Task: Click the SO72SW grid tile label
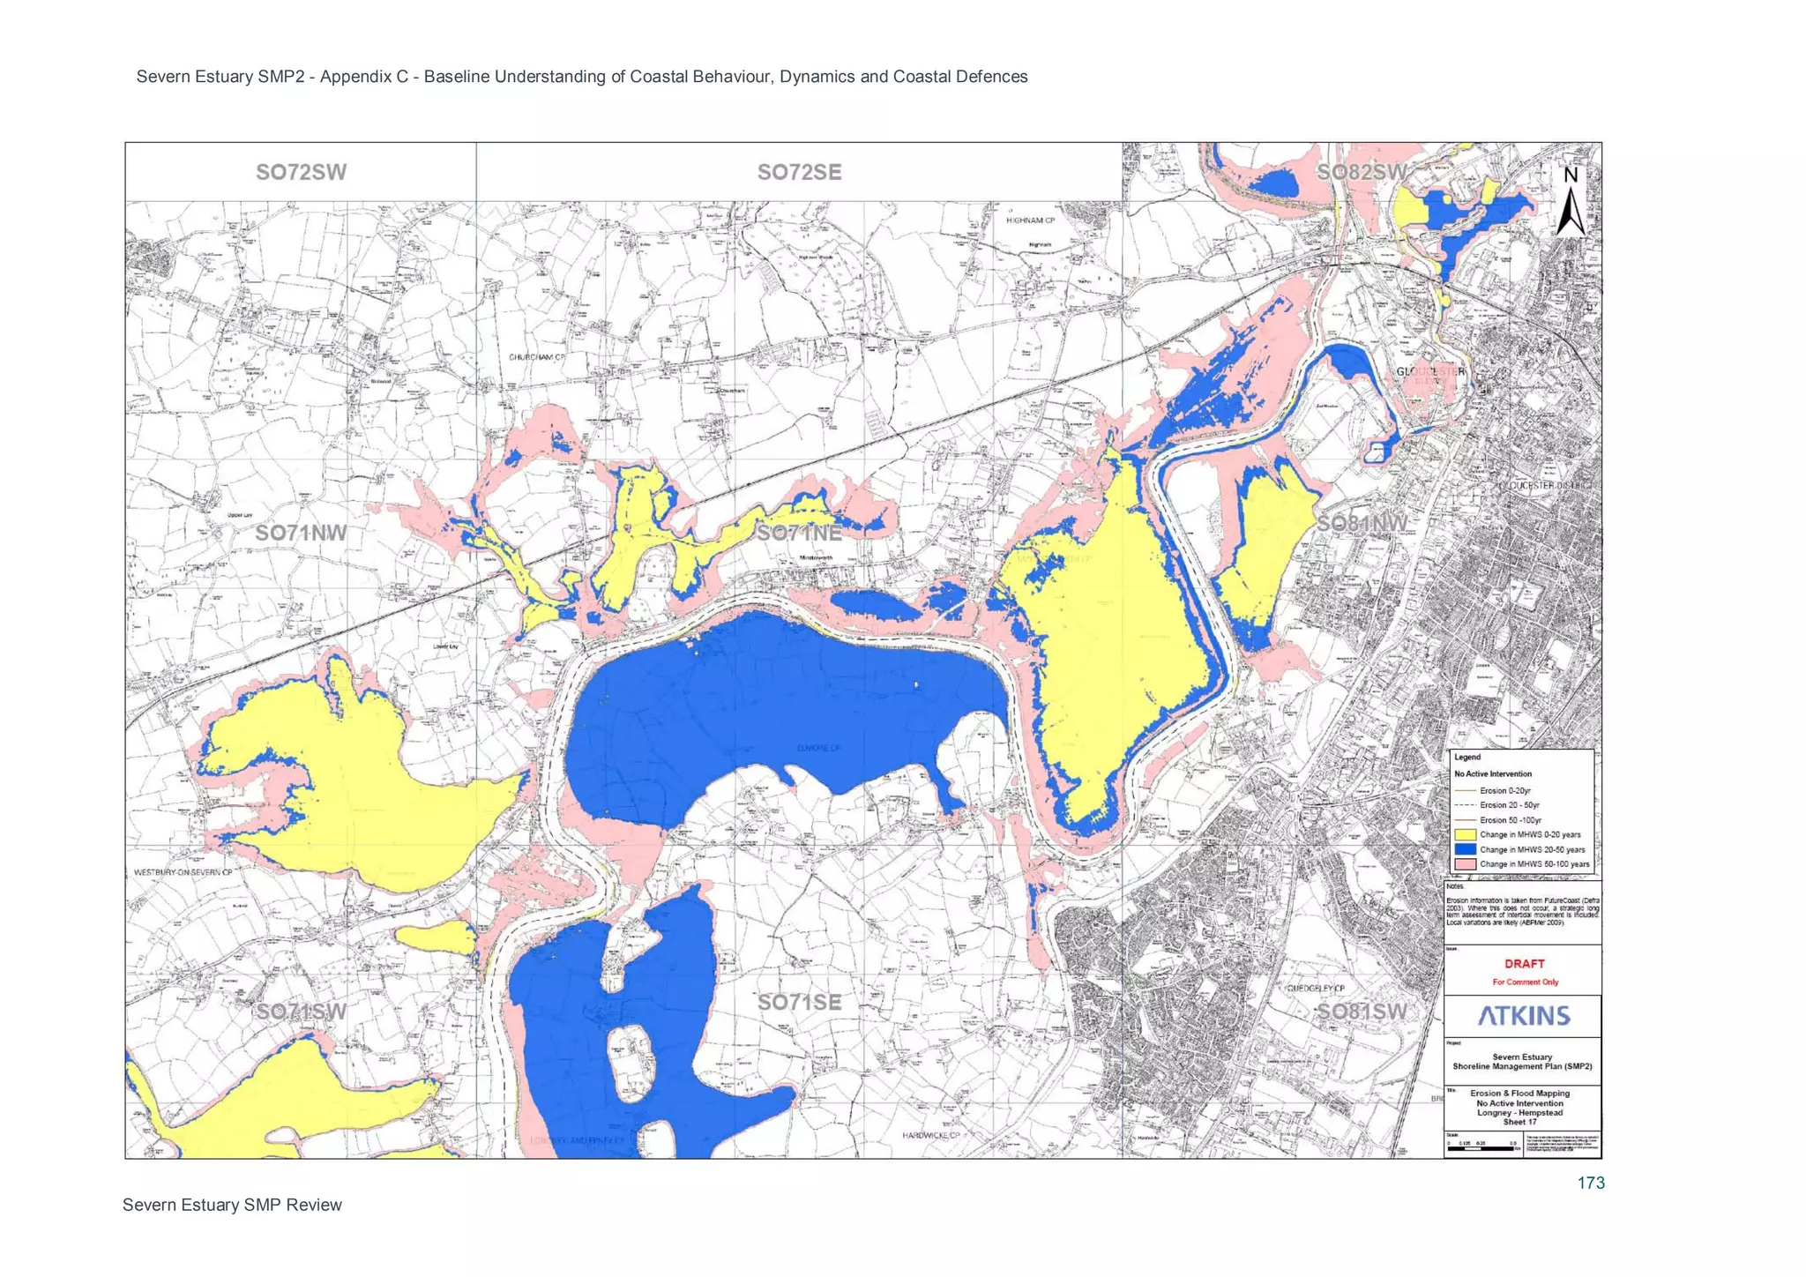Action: pos(301,172)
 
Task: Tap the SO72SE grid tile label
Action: pos(799,172)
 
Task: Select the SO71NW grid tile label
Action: pos(301,533)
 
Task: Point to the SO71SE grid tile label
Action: pos(799,1002)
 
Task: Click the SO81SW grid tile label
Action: pos(1362,1012)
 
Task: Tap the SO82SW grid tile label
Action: pos(1362,172)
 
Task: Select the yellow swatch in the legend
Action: pos(1465,834)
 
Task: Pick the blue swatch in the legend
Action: pos(1465,849)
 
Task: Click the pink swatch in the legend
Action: pos(1465,864)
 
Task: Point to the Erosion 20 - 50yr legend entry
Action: pos(1509,805)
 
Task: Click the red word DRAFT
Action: pos(1524,964)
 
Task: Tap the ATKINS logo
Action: pos(1524,1016)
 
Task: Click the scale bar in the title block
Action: pos(1481,1148)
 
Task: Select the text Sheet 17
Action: pos(1520,1122)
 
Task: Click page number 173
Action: pos(1590,1184)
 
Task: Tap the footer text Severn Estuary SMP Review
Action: pos(232,1205)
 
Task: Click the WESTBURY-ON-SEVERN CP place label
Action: pos(183,872)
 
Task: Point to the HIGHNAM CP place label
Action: pos(1030,220)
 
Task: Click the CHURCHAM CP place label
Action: pos(536,357)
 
